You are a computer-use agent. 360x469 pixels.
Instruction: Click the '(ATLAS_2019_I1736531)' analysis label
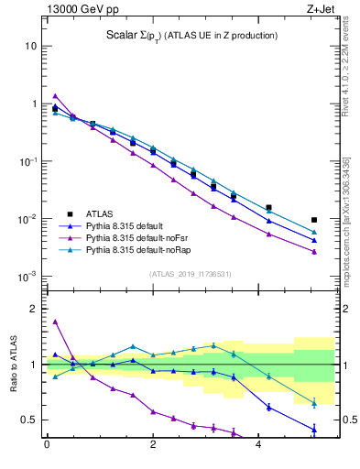click(x=190, y=274)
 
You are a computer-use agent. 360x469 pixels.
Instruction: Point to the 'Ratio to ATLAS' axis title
click(x=12, y=364)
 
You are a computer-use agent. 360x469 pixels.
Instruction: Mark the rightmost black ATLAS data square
click(x=314, y=220)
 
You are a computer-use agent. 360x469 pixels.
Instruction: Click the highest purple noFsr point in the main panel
click(x=56, y=96)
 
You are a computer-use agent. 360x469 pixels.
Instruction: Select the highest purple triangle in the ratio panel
click(x=56, y=322)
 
